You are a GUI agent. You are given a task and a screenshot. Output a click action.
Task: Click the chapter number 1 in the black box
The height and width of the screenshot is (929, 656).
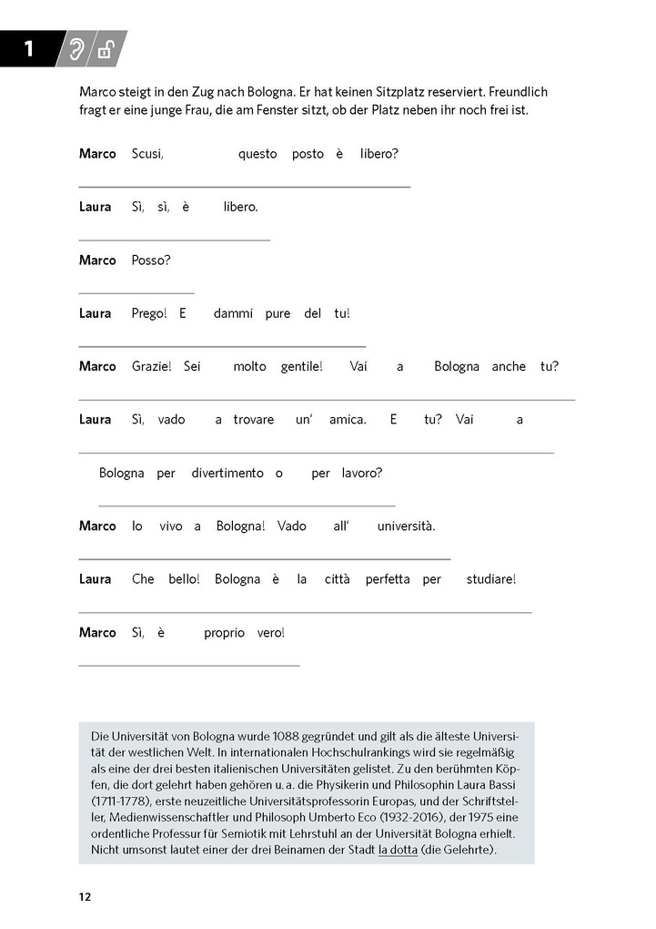click(x=28, y=49)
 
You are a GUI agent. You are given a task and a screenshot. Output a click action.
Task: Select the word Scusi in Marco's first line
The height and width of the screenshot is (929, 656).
click(x=147, y=154)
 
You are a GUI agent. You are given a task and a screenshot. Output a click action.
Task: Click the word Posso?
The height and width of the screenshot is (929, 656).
click(x=151, y=260)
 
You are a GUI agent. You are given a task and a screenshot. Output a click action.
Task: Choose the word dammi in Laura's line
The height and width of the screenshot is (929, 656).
click(x=233, y=313)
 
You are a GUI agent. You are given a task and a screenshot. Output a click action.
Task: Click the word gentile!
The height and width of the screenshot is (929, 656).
click(x=302, y=366)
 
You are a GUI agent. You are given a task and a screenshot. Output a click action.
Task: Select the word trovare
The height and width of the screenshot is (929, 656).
click(x=253, y=420)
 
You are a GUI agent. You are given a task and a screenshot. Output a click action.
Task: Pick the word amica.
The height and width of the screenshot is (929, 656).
click(x=348, y=420)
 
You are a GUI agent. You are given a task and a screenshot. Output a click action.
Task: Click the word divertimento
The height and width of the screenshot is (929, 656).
click(x=227, y=473)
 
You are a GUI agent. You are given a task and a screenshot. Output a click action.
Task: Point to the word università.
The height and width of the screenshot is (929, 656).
click(x=407, y=526)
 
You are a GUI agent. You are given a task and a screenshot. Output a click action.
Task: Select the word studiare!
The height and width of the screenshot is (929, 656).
click(x=490, y=579)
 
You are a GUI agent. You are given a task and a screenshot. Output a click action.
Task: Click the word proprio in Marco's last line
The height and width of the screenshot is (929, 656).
click(x=225, y=632)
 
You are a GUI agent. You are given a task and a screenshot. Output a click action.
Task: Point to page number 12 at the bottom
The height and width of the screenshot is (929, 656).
click(x=85, y=897)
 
